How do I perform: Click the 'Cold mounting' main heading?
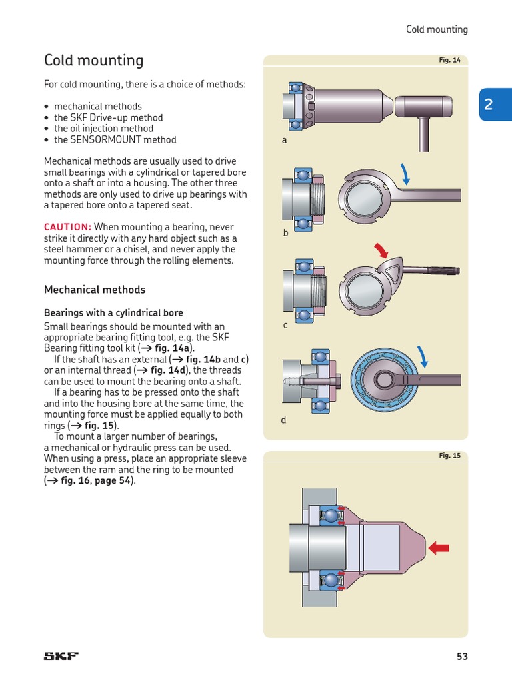pos(93,61)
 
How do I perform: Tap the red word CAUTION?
pos(67,227)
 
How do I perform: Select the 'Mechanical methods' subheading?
pos(94,290)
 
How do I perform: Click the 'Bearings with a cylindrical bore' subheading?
pos(113,312)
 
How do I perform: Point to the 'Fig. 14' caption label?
pos(449,60)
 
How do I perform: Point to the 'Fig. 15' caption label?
pos(449,456)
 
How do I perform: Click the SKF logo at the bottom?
pos(61,656)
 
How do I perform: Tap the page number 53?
pos(462,656)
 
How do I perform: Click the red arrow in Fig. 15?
pos(439,548)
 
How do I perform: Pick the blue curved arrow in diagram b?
pos(406,174)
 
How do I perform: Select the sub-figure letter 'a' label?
pos(284,141)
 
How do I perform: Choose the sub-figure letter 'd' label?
pos(283,420)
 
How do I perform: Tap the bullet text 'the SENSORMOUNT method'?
pos(115,140)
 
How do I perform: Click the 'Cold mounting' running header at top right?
pos(437,29)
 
